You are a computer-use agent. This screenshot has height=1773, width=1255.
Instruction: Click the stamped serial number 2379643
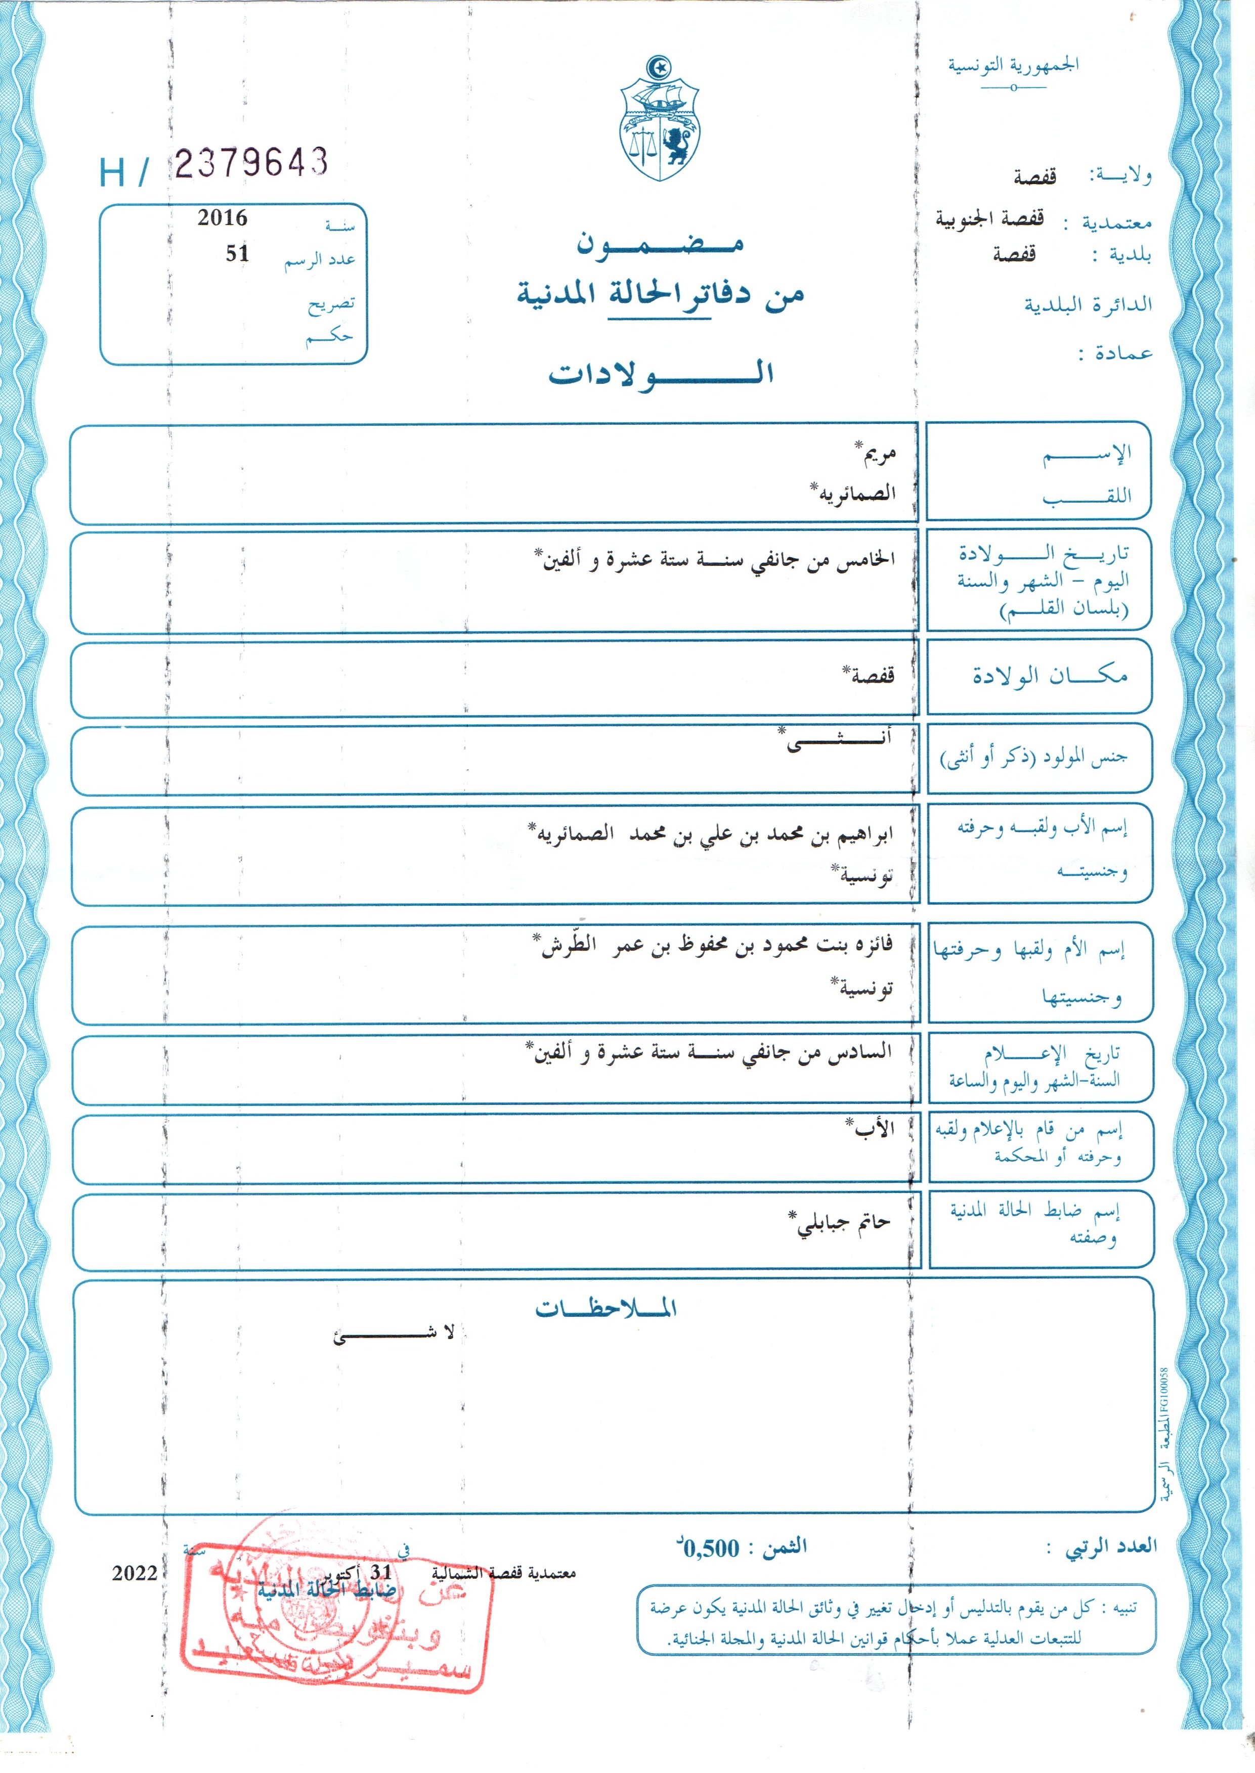point(251,162)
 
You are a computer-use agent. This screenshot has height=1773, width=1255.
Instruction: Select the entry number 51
point(237,253)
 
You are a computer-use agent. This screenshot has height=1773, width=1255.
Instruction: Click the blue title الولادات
point(661,374)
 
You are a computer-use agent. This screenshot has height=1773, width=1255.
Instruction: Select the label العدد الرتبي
point(1111,1546)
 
